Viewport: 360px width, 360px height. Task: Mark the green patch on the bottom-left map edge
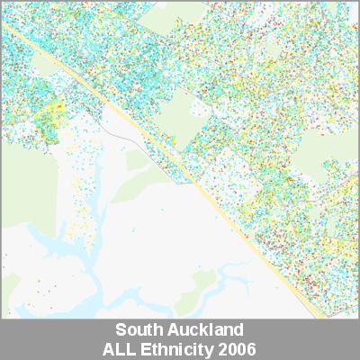coord(9,288)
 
